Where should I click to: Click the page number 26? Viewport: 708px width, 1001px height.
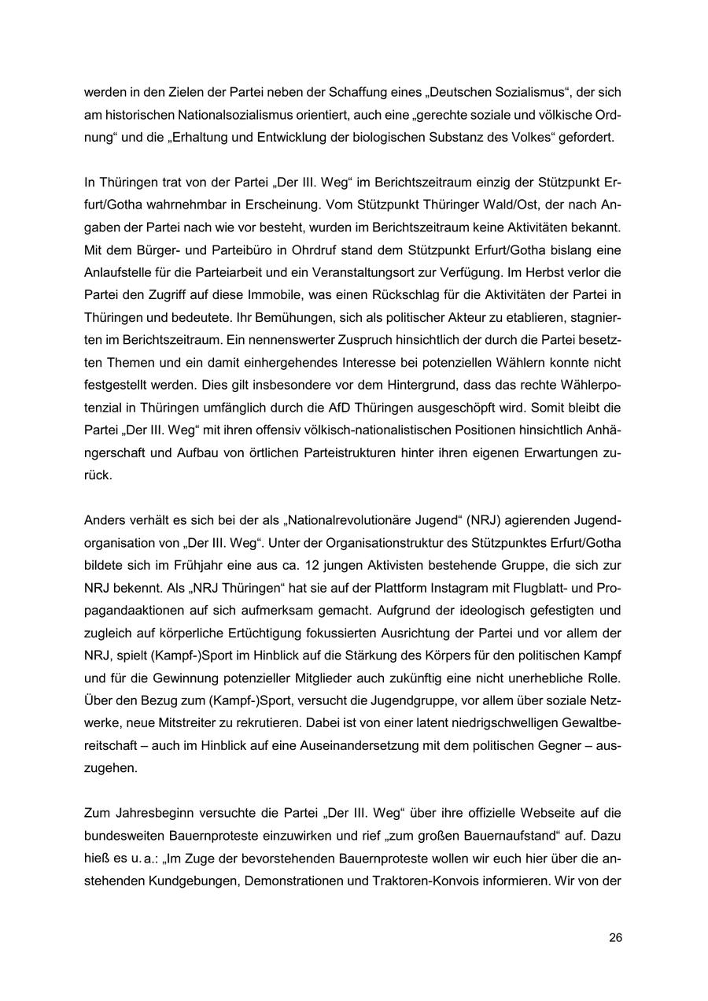[x=615, y=937]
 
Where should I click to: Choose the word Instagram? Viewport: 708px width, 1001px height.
[x=401, y=588]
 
